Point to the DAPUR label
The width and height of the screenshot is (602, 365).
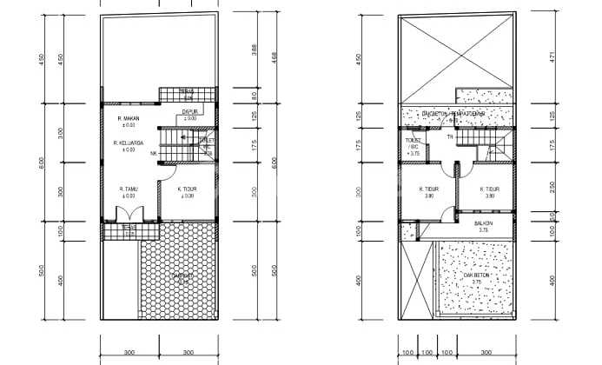click(187, 112)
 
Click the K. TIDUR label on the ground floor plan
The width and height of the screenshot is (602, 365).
click(186, 189)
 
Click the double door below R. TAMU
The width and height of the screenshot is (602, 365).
click(129, 215)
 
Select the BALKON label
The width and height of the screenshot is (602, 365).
click(483, 224)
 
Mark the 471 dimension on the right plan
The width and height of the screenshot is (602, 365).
click(553, 57)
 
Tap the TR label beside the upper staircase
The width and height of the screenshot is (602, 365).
click(449, 137)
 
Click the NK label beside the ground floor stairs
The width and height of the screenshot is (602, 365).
click(153, 155)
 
